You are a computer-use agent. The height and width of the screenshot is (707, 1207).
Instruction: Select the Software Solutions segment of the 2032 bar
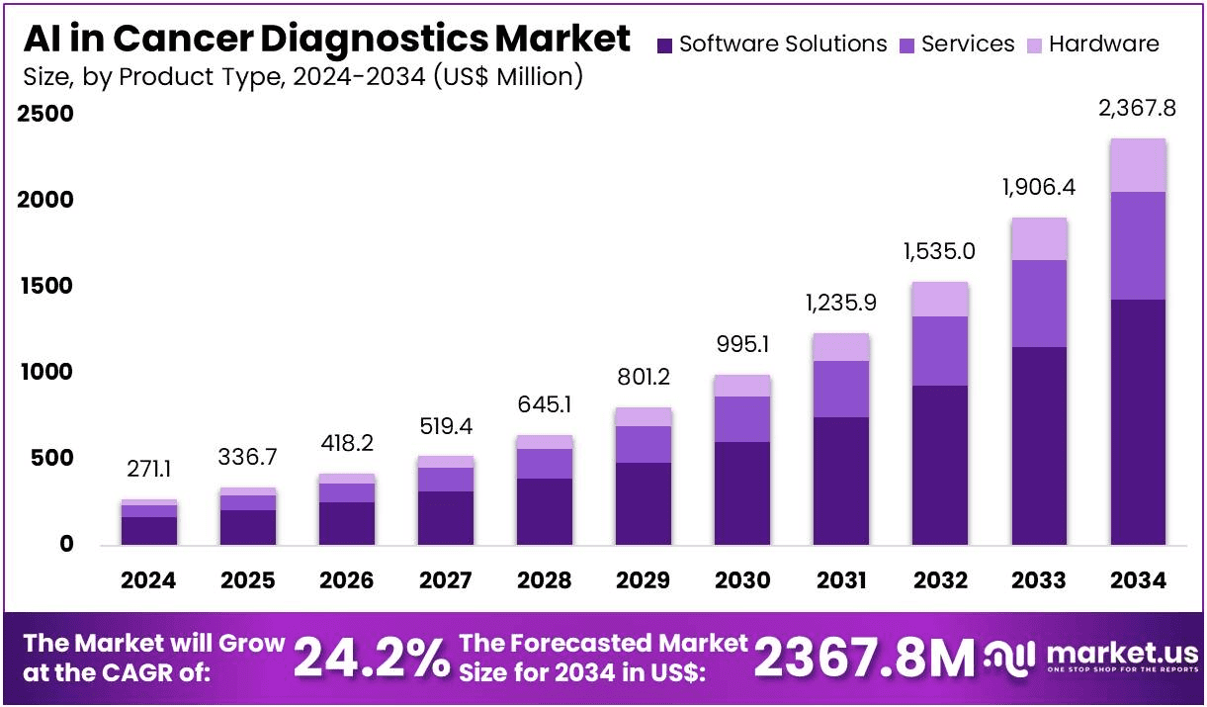(940, 465)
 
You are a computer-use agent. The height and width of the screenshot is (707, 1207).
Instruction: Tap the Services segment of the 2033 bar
(1039, 304)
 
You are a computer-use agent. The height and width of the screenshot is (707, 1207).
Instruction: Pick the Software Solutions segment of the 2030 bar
(742, 492)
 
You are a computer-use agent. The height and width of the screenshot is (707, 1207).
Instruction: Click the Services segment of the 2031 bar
(841, 389)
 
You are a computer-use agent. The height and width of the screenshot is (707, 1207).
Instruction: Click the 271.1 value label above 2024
(149, 469)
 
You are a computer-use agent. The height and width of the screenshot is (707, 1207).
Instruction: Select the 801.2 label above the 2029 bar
(644, 377)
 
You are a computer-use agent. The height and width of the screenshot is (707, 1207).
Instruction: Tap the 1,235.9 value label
(841, 303)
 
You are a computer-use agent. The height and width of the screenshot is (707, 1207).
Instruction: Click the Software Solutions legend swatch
(664, 44)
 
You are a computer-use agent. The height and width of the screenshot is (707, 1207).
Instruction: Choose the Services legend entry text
(968, 44)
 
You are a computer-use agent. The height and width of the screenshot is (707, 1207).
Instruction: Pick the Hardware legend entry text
(1104, 44)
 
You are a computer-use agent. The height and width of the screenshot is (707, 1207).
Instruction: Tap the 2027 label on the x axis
(445, 580)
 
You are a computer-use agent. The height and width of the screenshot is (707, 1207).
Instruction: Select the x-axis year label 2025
(247, 580)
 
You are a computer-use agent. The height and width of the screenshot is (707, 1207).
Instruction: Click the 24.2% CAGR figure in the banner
(371, 659)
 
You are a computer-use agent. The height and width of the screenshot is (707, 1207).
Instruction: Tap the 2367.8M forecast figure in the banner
(864, 659)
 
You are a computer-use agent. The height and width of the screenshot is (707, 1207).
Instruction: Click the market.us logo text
(1121, 653)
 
